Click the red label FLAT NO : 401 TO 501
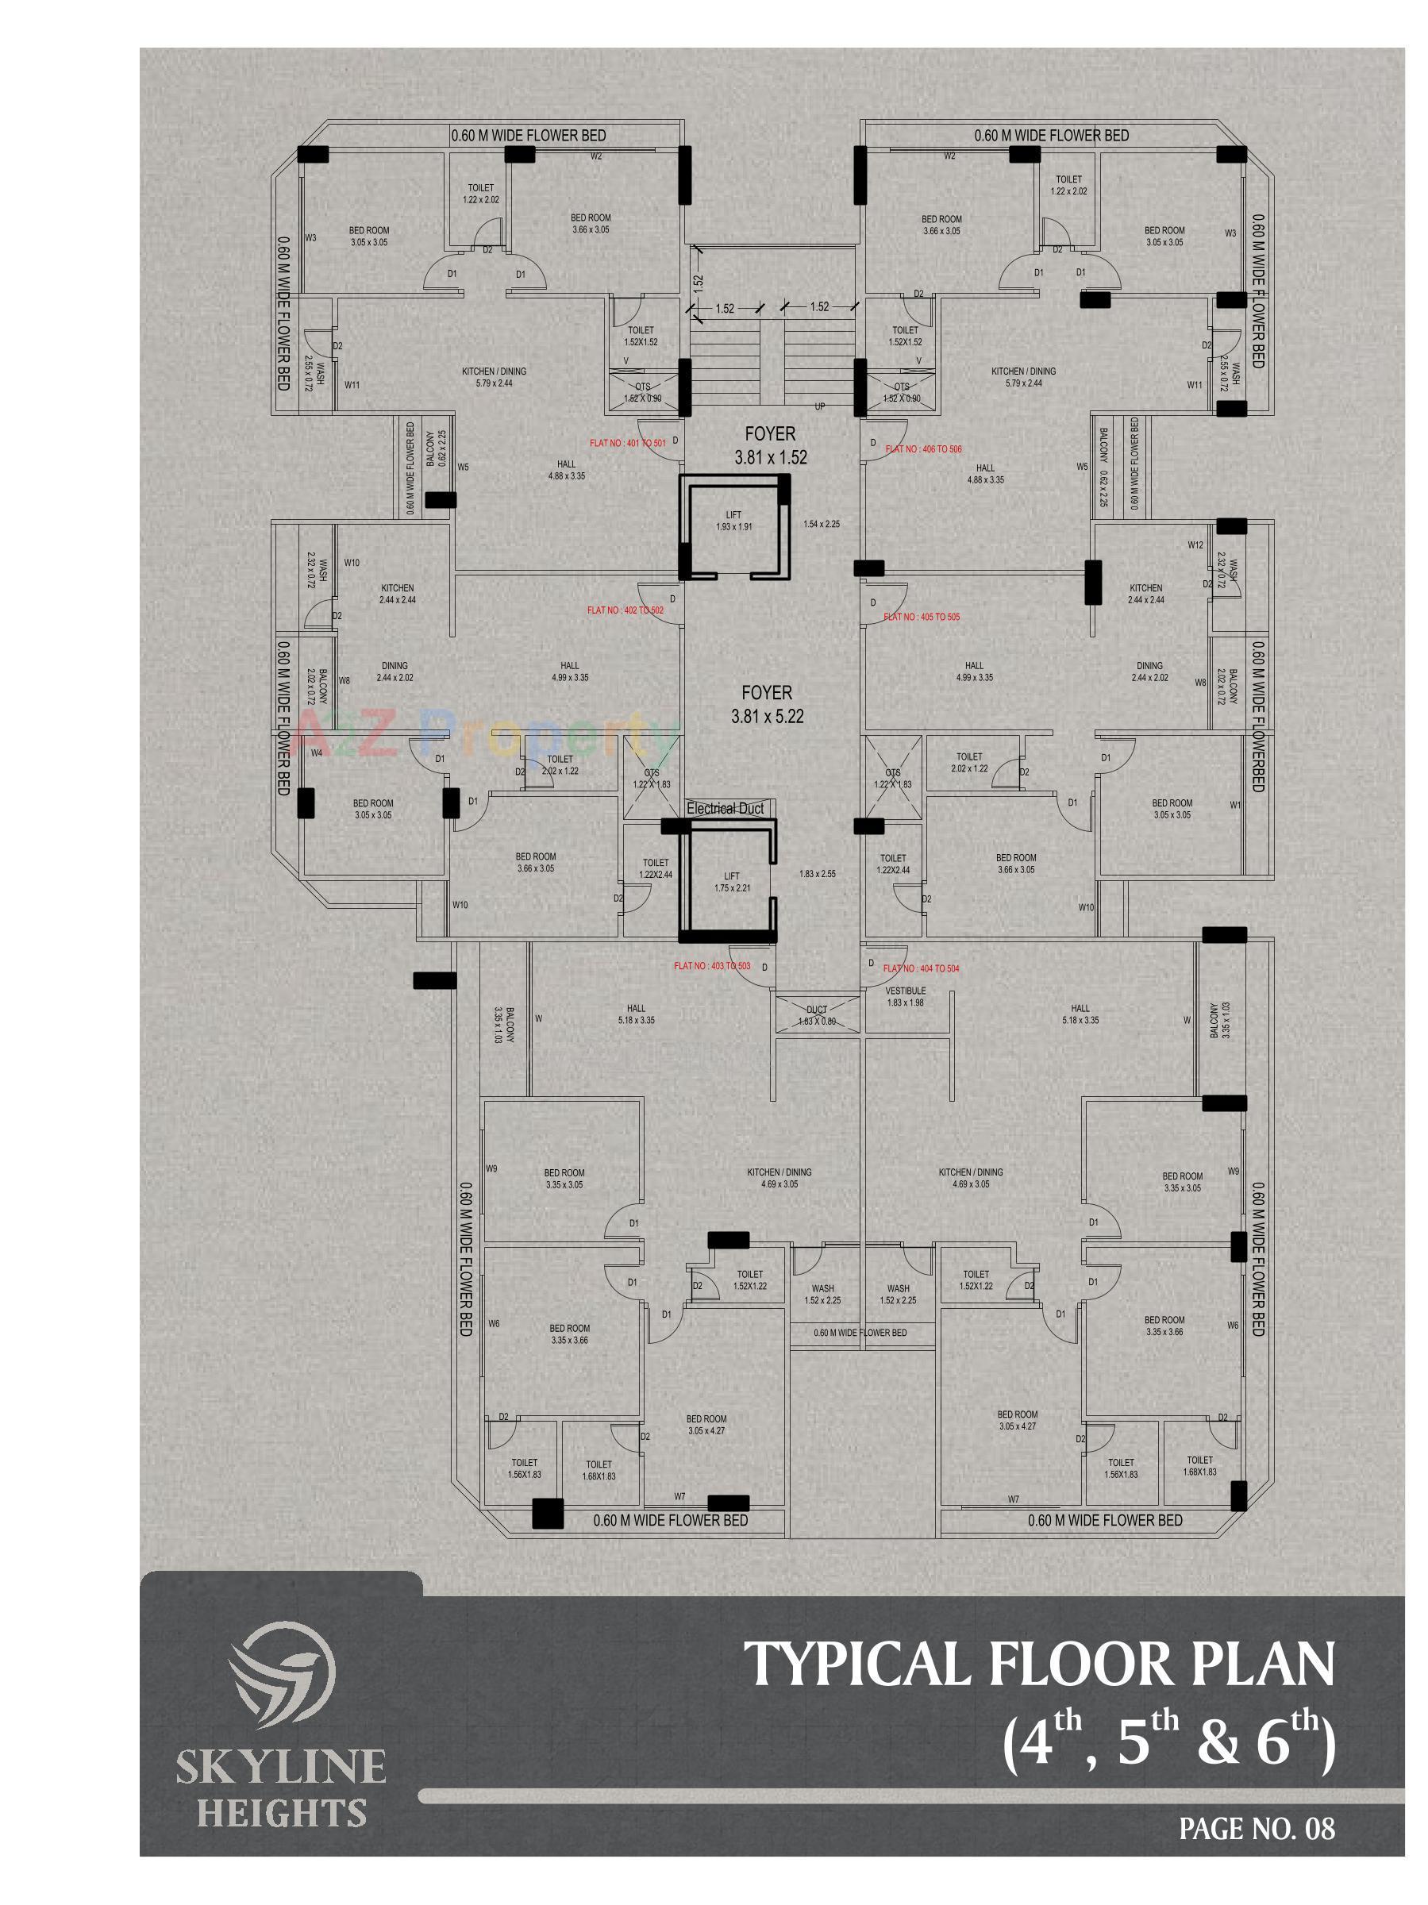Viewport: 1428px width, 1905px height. tap(627, 443)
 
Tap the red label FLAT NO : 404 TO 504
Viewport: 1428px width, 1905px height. tap(921, 968)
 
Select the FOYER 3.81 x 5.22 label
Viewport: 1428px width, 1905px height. tap(767, 703)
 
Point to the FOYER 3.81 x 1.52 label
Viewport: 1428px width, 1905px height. tap(770, 445)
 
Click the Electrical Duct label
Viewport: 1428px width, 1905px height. tap(725, 809)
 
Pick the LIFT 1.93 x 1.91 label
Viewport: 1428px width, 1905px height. tap(733, 520)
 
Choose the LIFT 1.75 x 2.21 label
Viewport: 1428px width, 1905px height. tap(731, 882)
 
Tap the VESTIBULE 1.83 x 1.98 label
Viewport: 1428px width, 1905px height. tap(905, 996)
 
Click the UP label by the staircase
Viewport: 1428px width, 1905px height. tap(820, 406)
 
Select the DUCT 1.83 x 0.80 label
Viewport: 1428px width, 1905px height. tap(817, 1015)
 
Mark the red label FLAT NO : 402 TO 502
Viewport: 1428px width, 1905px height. tap(625, 610)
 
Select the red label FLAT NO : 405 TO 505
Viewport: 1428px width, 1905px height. tap(921, 617)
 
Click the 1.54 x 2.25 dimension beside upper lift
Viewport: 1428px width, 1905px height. tap(821, 523)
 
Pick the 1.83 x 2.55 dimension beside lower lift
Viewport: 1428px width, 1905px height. tap(817, 873)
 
